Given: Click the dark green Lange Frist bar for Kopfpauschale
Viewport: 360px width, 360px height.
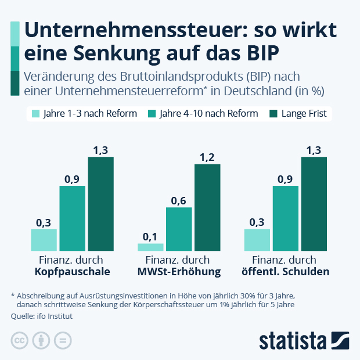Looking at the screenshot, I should tap(100, 204).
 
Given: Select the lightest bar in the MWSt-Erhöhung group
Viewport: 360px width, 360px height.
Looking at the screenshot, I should tap(150, 247).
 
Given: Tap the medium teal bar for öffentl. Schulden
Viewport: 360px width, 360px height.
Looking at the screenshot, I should tap(285, 218).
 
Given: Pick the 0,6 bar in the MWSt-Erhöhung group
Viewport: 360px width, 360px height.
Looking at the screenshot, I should tap(179, 229).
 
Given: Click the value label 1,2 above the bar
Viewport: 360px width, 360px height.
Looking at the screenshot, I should tap(207, 157).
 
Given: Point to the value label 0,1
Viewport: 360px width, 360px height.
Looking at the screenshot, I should tap(150, 236).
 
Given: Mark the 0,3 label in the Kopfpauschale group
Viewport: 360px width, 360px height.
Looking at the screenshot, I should tap(44, 222).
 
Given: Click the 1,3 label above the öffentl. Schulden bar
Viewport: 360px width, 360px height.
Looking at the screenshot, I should tap(314, 150).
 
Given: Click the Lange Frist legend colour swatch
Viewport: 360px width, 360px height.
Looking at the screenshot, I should tap(273, 114).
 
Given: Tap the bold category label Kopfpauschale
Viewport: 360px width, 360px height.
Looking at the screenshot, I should tap(72, 272).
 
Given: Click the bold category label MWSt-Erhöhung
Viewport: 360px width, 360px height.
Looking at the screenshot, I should tap(179, 272).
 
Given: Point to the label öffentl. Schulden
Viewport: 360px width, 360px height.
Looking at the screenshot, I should tap(285, 272).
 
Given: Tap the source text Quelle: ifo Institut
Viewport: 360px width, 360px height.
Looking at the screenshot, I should tap(42, 316).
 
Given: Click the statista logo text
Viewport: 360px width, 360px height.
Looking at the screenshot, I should tap(293, 340).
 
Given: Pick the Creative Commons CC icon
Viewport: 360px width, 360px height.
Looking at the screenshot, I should tap(19, 341).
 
